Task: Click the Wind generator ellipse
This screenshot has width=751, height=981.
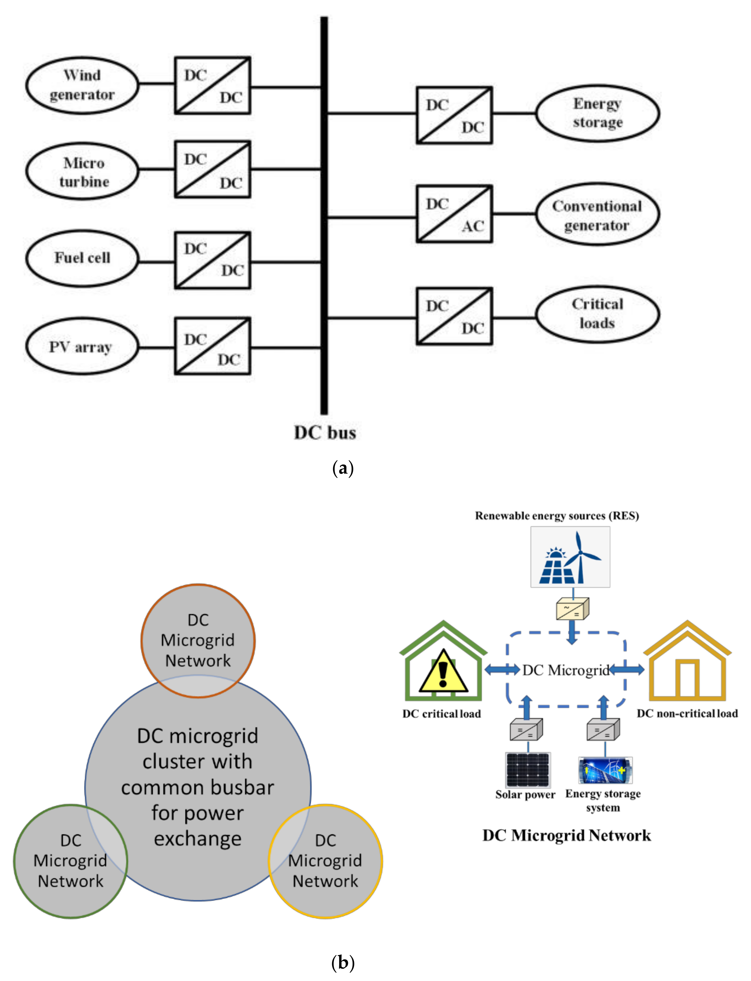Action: pos(82,85)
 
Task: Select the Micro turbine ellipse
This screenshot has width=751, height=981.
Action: pos(82,172)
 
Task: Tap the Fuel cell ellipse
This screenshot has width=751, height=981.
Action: pos(82,258)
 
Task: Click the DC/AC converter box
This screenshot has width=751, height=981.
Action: pos(454,214)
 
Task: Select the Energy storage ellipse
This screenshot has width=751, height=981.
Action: pos(597,113)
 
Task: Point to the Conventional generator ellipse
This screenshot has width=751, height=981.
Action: pos(597,214)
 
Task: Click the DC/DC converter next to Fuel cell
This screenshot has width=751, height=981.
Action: pos(212,260)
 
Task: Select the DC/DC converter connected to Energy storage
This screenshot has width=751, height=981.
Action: pos(454,115)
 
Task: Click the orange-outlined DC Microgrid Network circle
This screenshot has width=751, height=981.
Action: pos(198,635)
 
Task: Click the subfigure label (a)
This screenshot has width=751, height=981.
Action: pos(343,468)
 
